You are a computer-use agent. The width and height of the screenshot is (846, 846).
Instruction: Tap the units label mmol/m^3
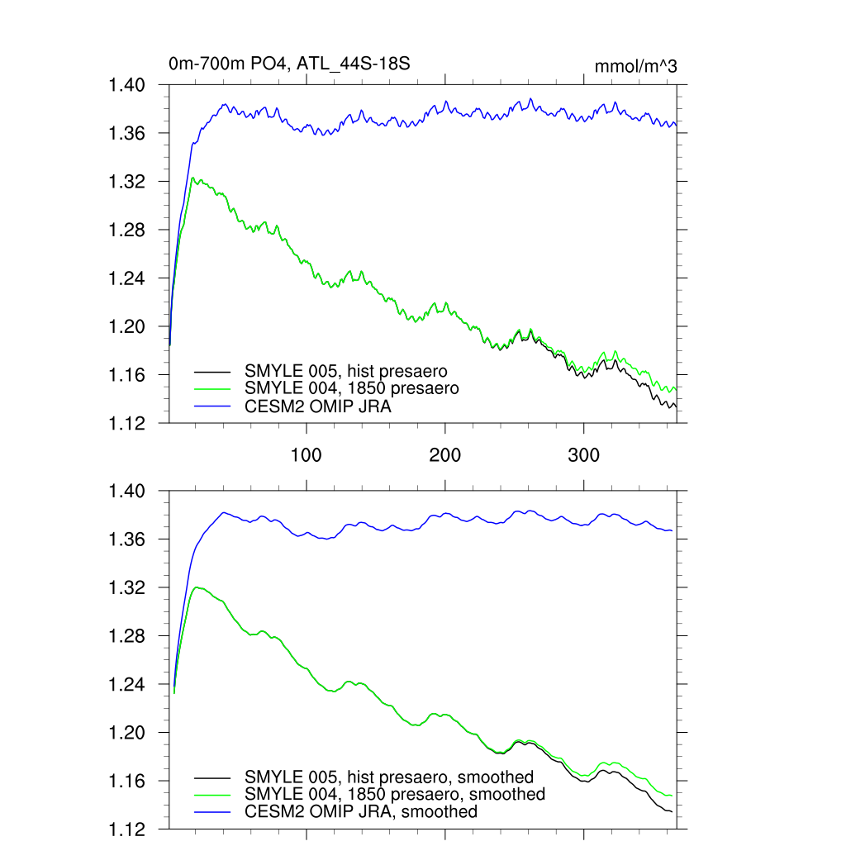coord(635,66)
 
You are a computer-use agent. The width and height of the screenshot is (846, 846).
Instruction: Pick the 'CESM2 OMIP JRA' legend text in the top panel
coord(317,406)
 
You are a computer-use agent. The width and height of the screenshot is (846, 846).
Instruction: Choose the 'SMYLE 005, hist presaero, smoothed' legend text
coord(388,777)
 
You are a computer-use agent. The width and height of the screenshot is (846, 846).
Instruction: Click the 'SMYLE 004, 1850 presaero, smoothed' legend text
coord(394,794)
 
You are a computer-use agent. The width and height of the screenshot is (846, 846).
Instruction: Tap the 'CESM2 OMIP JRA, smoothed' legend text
coord(360,811)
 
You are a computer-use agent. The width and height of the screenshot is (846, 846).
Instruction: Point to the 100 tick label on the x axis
coord(307,454)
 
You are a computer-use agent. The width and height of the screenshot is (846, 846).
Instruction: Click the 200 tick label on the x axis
coord(445,454)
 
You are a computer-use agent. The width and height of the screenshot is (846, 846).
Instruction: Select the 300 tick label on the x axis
coord(584,454)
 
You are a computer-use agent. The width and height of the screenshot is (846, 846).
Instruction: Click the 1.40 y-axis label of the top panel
coord(127,85)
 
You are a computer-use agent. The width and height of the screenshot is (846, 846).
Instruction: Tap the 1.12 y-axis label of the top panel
coord(127,423)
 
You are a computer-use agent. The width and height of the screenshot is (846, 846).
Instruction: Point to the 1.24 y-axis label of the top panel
coord(127,278)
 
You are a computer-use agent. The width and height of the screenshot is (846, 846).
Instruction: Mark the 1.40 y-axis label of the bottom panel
coord(127,492)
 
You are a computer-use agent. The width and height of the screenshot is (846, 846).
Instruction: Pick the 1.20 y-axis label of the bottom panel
coord(127,733)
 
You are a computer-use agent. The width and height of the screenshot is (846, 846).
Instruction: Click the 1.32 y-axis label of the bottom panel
coord(127,588)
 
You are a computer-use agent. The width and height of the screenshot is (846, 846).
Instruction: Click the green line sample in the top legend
coord(211,388)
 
